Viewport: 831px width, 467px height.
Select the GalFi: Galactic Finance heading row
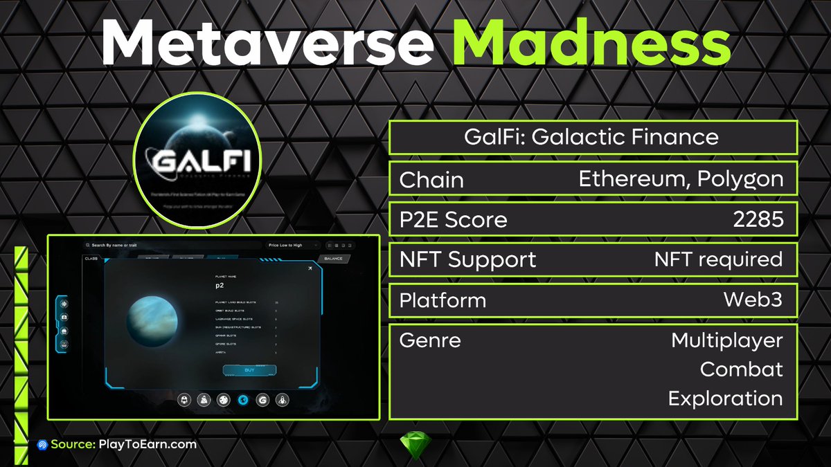[x=593, y=137]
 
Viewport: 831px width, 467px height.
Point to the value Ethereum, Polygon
[x=681, y=179]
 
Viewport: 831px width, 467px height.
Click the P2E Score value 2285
[x=758, y=219]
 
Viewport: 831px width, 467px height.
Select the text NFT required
[x=718, y=259]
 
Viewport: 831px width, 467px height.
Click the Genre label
[x=430, y=340]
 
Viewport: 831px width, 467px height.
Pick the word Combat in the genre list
[x=741, y=369]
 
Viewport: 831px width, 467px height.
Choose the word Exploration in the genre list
[x=725, y=398]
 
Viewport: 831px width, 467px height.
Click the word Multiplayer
[x=726, y=340]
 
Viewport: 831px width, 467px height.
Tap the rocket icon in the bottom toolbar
[x=283, y=399]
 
